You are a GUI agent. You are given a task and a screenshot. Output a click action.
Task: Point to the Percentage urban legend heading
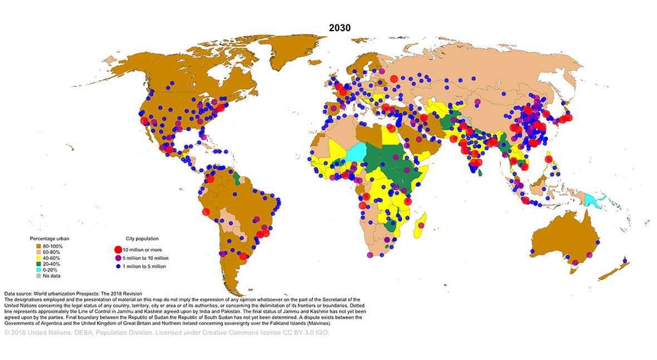click(x=50, y=239)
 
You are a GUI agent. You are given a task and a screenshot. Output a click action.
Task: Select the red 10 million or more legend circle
click(x=117, y=250)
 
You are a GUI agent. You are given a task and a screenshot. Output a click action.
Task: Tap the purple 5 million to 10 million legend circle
click(x=117, y=258)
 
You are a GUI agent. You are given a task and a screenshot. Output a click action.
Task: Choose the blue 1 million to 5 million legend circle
click(x=117, y=266)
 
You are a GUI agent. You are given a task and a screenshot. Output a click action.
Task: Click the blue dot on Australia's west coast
click(x=532, y=251)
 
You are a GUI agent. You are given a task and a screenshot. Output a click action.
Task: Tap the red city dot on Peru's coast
click(x=205, y=211)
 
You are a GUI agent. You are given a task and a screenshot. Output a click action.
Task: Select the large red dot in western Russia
click(x=394, y=80)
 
